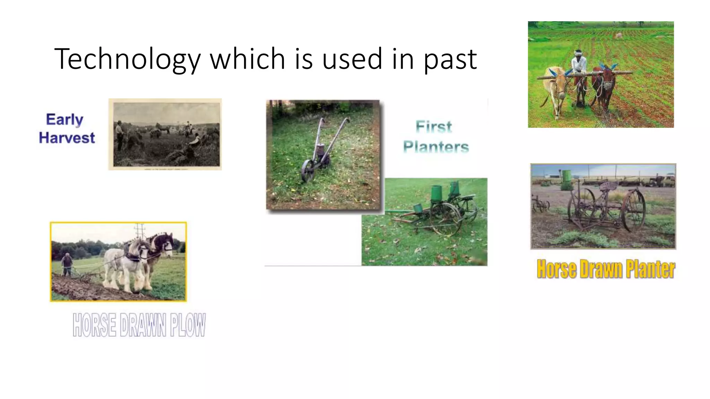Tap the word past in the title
450,60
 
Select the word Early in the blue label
64,119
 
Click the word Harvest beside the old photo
67,138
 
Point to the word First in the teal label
434,127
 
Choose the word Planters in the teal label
436,147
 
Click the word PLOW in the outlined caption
188,325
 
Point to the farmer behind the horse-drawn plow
67,265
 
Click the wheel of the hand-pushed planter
308,171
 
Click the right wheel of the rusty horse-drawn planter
634,211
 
